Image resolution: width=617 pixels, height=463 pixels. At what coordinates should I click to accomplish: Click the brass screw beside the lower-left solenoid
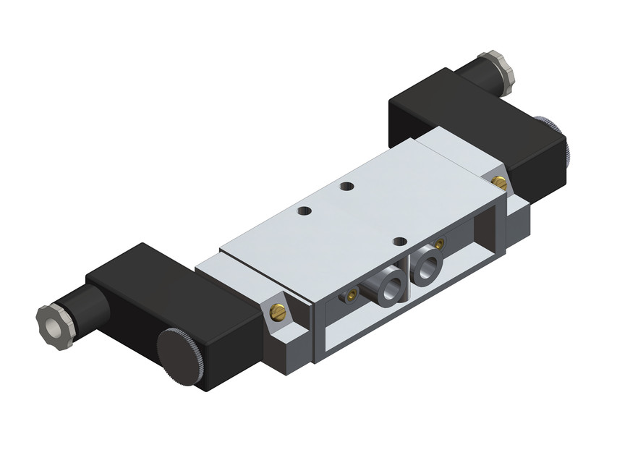[x=278, y=312]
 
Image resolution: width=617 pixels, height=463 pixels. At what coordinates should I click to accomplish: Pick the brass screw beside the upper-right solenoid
[x=497, y=179]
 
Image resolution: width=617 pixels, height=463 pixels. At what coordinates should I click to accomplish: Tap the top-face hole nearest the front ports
[x=396, y=241]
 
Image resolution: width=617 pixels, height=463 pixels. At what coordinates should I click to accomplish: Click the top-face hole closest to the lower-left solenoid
[x=305, y=212]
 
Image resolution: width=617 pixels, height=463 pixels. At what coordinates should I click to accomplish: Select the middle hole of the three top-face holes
[x=348, y=186]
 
